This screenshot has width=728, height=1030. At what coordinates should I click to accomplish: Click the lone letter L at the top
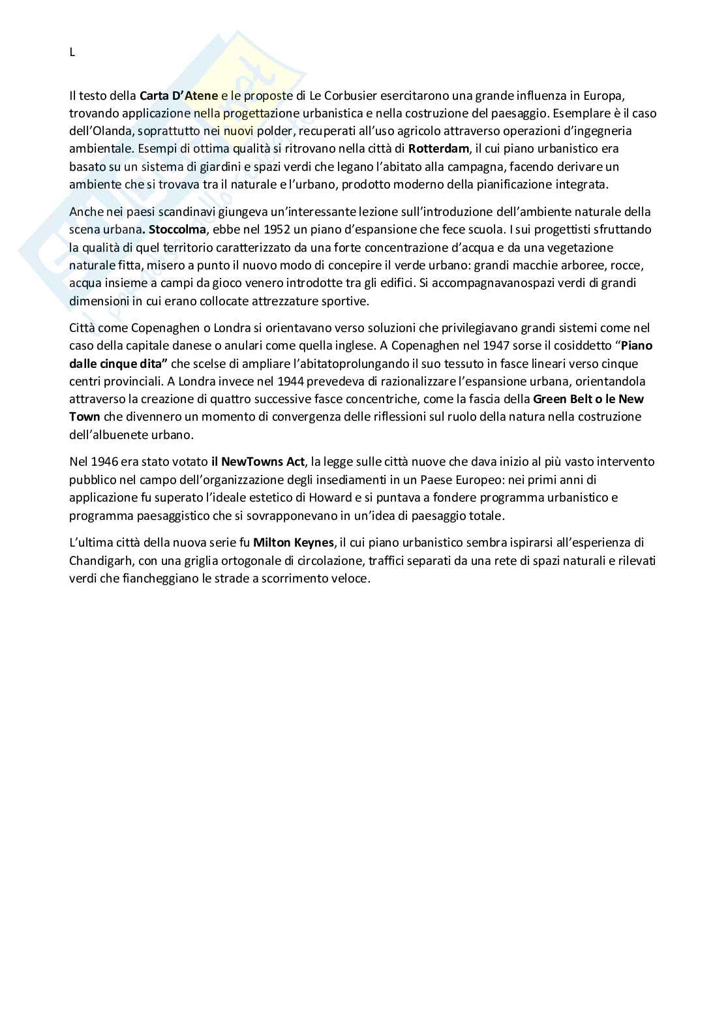coord(72,53)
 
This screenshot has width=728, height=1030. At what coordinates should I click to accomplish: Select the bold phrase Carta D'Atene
coord(179,95)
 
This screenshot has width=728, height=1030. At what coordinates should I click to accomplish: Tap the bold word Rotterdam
coord(438,149)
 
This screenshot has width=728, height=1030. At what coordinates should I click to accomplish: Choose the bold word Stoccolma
coord(172,230)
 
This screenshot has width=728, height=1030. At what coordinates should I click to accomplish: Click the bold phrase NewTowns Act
coord(263,462)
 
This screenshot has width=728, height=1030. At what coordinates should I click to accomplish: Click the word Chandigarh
coord(100,560)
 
